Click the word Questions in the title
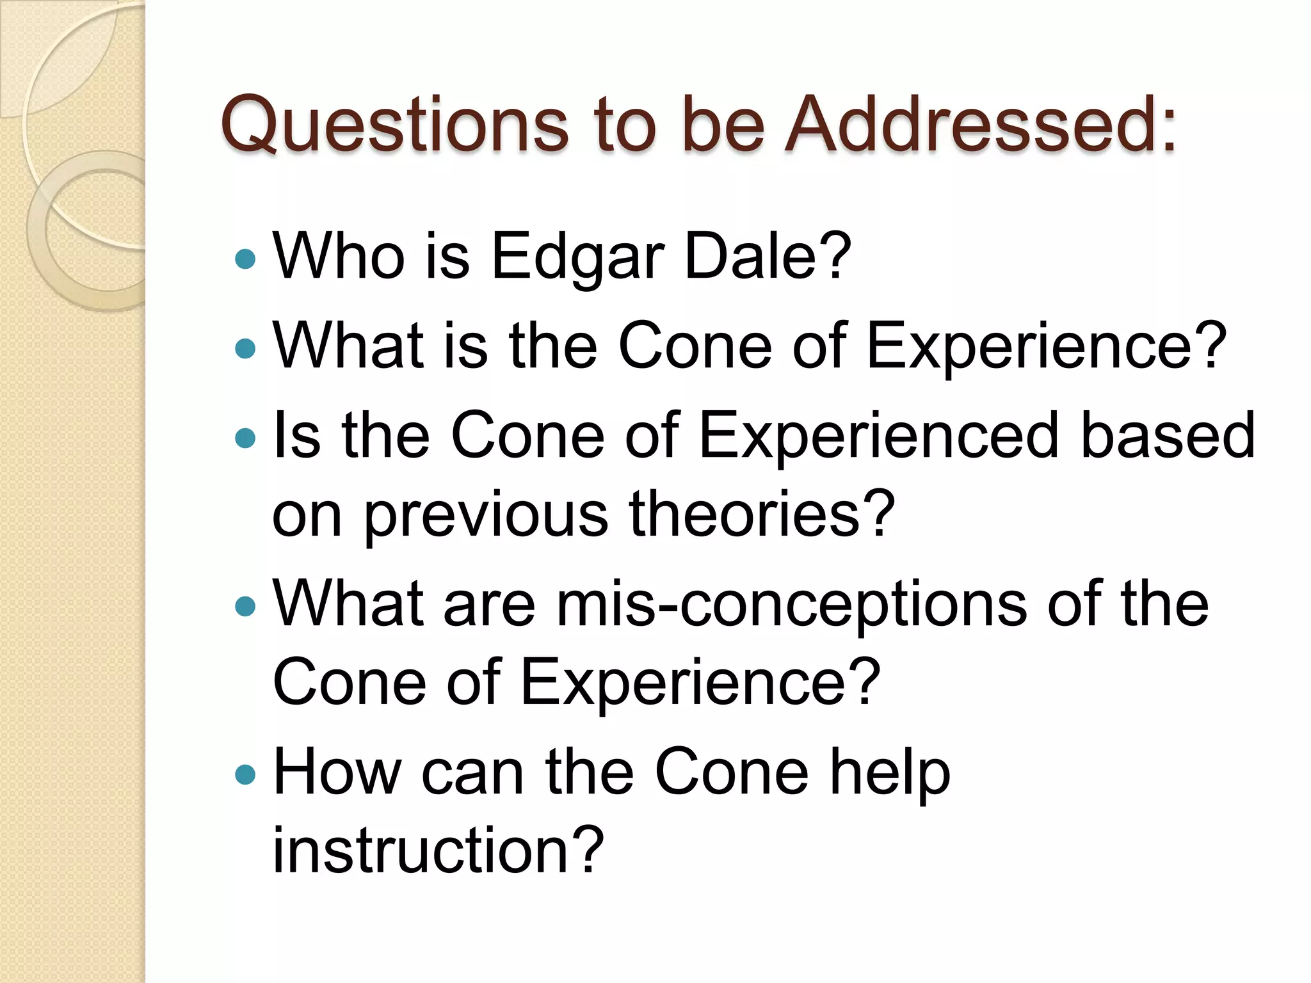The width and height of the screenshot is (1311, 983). [x=394, y=125]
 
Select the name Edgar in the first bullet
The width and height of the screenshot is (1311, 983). [x=577, y=257]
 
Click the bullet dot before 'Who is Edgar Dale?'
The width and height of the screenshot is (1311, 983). [x=245, y=259]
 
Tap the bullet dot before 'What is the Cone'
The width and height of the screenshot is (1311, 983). [x=245, y=348]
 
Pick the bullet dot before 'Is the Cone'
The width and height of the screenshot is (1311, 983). [x=245, y=438]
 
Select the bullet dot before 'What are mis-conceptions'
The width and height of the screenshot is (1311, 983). [x=245, y=606]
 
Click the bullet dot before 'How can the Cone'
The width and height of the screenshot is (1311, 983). [x=245, y=775]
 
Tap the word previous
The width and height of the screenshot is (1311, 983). [x=486, y=516]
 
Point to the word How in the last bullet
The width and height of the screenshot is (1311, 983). [x=337, y=772]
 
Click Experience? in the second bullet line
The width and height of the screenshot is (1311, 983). [x=1046, y=347]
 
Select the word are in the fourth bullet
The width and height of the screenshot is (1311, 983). [x=489, y=605]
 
